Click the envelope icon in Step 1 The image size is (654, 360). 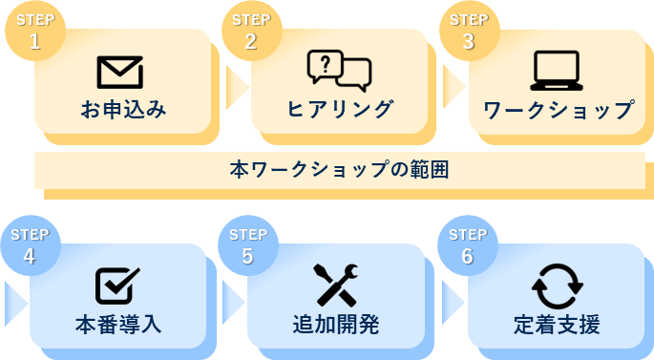119,72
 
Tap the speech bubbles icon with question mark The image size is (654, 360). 339,70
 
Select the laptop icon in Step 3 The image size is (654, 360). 556,71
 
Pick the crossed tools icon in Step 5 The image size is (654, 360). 336,285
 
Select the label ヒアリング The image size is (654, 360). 340,110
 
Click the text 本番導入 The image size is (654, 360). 118,325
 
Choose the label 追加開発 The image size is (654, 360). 336,325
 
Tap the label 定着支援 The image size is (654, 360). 557,325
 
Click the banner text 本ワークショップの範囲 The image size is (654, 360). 340,171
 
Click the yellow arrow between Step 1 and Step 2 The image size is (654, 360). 235,86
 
